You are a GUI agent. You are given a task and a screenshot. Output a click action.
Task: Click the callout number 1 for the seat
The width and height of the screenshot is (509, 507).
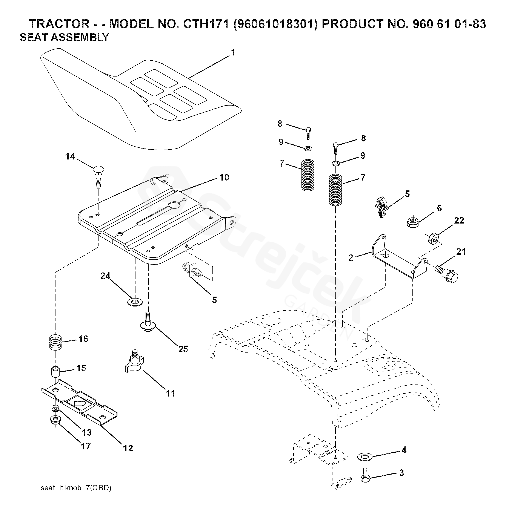(233, 53)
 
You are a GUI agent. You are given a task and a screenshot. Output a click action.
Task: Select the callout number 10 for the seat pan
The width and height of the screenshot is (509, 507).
(224, 178)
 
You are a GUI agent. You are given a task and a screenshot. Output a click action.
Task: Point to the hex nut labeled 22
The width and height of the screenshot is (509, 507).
(433, 238)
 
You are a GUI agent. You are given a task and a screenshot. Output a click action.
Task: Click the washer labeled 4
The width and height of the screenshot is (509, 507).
(365, 457)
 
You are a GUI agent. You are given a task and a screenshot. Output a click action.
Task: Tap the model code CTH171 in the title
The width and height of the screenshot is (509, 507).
(206, 24)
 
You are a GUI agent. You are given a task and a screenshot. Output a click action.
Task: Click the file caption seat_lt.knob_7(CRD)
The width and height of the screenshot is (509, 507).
(76, 488)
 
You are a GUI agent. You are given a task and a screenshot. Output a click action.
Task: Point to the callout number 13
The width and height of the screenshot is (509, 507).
(86, 432)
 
